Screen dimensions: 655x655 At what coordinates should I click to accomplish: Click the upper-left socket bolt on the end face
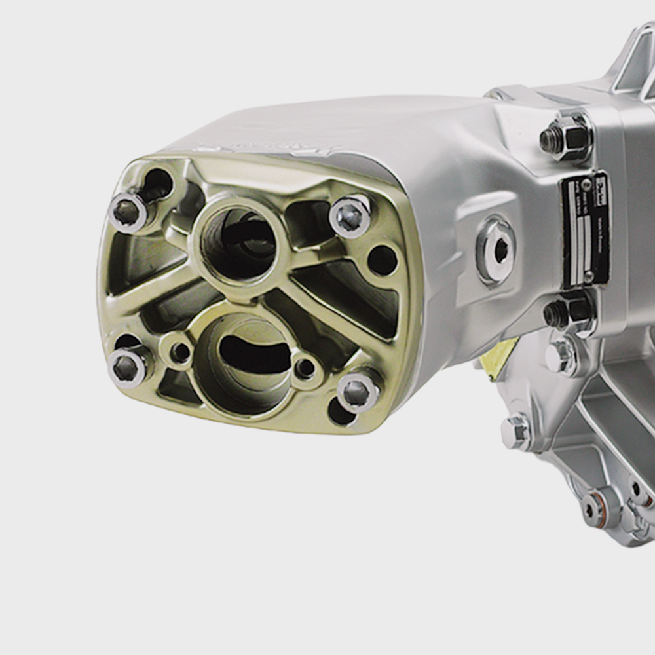pos(127,212)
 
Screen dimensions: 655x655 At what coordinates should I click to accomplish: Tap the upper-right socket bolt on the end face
pos(350,216)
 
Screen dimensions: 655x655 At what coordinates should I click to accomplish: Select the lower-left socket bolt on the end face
pos(126,367)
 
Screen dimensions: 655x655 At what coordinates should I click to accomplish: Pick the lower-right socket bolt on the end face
pos(358,392)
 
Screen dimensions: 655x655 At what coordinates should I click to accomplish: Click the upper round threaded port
pos(238,243)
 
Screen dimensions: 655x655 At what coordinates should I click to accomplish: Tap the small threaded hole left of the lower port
pos(179,352)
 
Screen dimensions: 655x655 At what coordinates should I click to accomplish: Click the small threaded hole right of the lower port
pos(305,368)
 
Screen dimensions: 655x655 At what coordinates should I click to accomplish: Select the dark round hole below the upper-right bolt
pos(383,260)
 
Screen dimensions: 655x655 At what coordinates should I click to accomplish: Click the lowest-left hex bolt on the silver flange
pos(516,431)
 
